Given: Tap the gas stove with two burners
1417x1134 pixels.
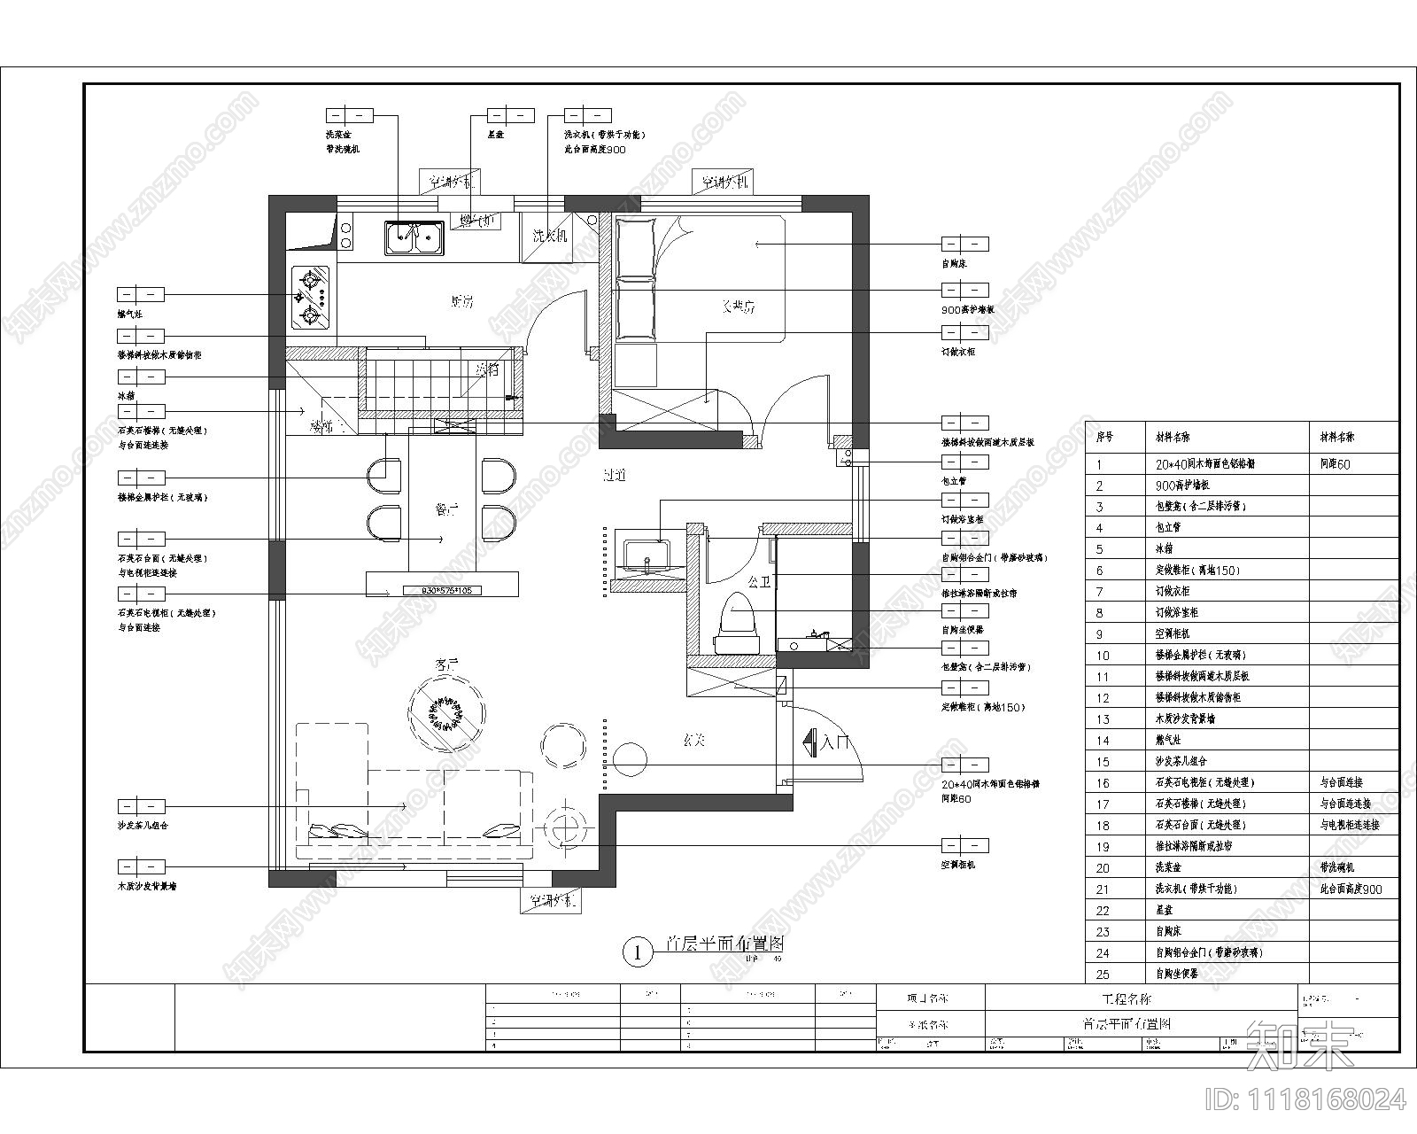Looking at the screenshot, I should [312, 298].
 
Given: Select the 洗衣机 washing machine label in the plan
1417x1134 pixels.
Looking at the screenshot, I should [550, 237].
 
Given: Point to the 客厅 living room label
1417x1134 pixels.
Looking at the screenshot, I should [447, 663].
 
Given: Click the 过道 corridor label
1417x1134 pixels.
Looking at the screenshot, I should [615, 476].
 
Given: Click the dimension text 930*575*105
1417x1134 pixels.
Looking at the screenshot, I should [442, 589].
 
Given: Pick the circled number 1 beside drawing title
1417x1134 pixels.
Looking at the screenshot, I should [636, 952].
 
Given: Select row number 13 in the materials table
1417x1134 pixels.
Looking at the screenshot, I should [1103, 719].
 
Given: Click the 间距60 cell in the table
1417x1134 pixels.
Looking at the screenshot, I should [1335, 463].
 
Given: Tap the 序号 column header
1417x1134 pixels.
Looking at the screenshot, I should [1104, 438].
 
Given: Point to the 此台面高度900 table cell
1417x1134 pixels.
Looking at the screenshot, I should [1350, 889].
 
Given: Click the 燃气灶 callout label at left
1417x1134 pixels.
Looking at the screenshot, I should [129, 314].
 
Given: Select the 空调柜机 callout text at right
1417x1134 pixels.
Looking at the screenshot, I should [957, 865].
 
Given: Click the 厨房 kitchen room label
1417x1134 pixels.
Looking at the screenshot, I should [461, 302].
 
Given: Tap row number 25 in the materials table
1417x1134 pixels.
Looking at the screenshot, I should [1103, 974].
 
